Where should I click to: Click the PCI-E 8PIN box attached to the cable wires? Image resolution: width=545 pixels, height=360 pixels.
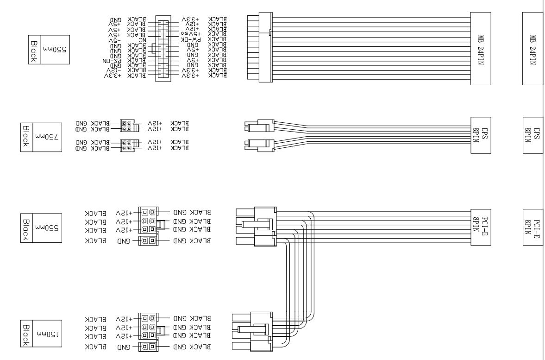480,225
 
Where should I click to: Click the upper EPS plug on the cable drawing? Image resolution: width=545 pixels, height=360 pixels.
259,127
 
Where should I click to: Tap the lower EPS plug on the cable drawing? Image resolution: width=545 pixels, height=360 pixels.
259,144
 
